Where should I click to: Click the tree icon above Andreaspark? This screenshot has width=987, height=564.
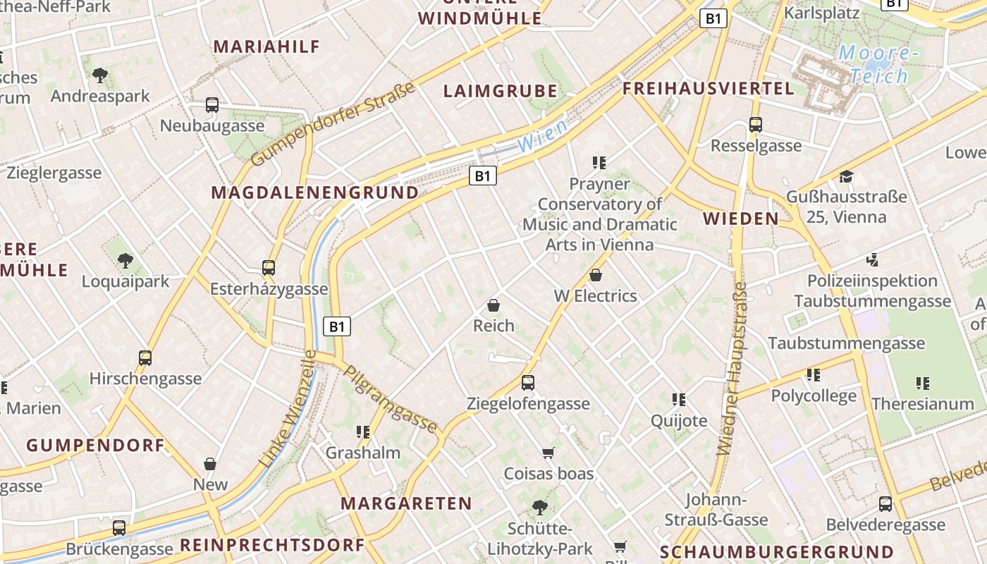100,74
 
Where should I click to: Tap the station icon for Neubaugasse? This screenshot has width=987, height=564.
212,105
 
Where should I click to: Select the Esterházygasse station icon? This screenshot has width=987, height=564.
268,268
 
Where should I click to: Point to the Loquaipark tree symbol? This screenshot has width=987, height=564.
125,261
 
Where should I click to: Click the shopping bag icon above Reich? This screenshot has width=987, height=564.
493,305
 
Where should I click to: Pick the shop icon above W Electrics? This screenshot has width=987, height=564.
596,275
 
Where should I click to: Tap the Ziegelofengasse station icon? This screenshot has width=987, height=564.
528,383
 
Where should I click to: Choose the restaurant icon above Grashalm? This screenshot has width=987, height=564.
363,431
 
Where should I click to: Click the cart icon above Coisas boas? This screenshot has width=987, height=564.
548,453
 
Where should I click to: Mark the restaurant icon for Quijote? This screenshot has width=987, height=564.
679,400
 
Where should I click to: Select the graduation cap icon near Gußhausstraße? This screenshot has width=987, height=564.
846,176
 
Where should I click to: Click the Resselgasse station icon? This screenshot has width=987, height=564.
756,125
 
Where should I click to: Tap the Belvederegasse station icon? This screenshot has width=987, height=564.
885,504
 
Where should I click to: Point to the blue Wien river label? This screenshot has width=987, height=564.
541,135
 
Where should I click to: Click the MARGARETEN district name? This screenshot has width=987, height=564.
406,503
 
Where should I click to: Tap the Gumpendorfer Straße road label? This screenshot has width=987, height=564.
333,125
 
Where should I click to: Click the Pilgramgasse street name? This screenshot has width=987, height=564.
390,398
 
